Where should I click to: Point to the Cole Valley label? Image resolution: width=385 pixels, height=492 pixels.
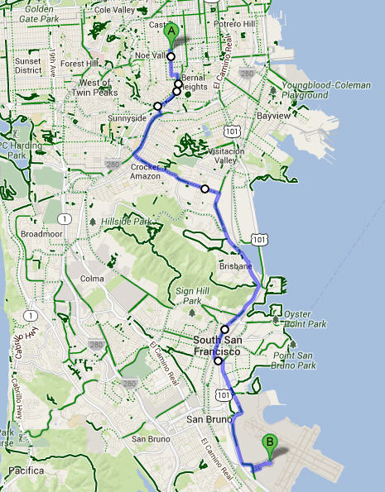pyautogui.click(x=114, y=9)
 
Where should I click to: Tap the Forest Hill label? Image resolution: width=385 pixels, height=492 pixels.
pyautogui.click(x=79, y=63)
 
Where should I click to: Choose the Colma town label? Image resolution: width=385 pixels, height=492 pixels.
pyautogui.click(x=93, y=279)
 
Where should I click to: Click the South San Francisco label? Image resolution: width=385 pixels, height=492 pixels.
pyautogui.click(x=221, y=346)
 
